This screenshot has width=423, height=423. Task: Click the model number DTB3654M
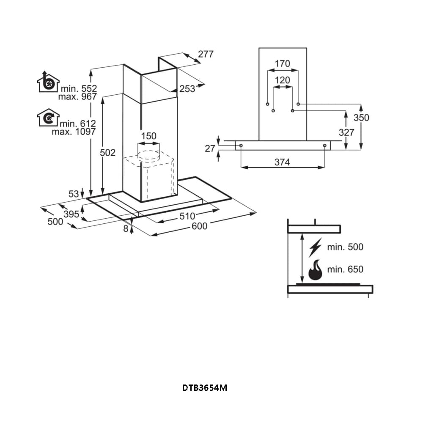click(204, 387)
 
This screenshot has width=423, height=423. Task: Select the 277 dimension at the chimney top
click(206, 54)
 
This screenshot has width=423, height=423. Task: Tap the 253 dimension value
click(187, 88)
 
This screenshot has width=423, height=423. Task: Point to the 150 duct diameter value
click(148, 136)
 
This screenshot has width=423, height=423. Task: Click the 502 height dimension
click(107, 153)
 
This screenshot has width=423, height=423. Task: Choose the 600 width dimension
click(199, 226)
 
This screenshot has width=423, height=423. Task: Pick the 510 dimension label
click(187, 216)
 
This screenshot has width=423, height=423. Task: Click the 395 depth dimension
click(71, 214)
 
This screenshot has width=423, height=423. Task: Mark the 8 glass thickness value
click(126, 229)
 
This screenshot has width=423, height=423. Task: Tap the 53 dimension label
click(73, 194)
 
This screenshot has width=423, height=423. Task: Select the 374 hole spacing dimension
click(282, 162)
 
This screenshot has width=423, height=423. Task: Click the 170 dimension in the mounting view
click(283, 64)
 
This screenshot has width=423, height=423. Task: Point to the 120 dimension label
click(283, 80)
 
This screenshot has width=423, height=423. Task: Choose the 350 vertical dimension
click(361, 118)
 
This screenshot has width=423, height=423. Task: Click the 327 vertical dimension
click(346, 132)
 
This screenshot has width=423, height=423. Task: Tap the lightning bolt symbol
click(316, 247)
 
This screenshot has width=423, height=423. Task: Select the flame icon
click(316, 270)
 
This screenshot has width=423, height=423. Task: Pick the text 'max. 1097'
click(74, 132)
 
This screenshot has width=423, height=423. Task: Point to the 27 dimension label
click(210, 148)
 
